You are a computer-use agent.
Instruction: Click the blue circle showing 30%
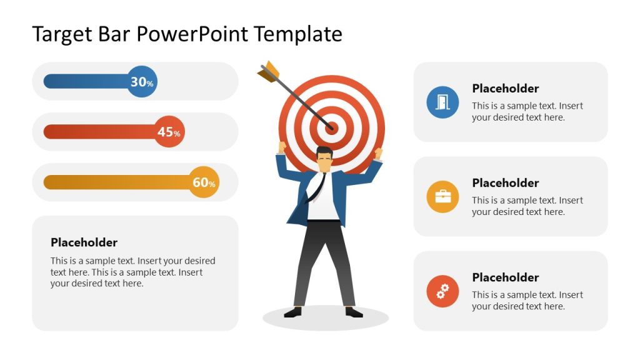point(142,81)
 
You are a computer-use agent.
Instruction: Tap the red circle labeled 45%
point(169,132)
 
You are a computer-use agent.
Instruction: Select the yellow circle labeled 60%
point(204,182)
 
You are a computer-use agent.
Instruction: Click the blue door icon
point(442,102)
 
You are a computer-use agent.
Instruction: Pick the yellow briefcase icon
point(442,196)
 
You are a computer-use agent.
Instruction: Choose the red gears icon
point(442,291)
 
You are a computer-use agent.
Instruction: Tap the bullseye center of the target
point(331,128)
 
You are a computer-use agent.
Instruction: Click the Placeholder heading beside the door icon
point(505,88)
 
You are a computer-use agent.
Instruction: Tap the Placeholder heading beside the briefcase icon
point(505,182)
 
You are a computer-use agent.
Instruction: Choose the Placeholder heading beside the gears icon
point(505,277)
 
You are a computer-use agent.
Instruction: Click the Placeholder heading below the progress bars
point(84,242)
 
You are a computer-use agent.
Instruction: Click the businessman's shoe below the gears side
point(353,312)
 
